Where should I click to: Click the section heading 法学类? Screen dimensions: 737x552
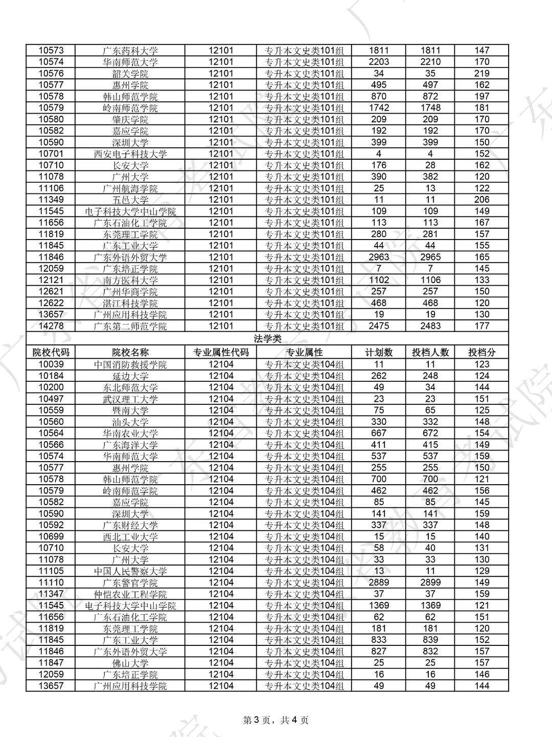coord(267,339)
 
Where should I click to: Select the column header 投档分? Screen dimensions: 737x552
coord(481,352)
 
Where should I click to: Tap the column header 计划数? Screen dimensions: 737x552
coord(379,352)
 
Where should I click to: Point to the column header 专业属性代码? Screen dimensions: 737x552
coord(221,352)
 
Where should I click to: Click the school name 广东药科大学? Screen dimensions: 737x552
coord(130,51)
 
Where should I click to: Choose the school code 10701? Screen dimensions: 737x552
coord(51,154)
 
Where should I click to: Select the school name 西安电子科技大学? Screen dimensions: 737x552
coord(130,154)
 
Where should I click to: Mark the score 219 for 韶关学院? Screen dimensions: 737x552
coord(481,73)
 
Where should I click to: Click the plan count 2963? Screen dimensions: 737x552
coord(379,257)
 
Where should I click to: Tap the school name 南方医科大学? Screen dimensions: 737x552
coord(130,280)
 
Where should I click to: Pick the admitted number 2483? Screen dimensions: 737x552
coord(430,326)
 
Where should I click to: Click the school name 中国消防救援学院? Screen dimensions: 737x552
coord(130,364)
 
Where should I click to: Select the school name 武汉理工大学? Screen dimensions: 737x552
coord(130,399)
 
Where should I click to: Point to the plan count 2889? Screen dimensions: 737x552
coord(379,582)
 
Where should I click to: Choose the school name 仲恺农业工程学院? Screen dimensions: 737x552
coord(130,594)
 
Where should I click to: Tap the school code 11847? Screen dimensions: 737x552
coord(51,662)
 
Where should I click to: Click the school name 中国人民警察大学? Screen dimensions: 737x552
coord(130,571)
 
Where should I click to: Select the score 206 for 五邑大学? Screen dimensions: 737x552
coord(481,200)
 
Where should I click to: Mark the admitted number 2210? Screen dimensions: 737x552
coord(430,62)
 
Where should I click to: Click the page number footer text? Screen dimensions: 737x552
coord(275,720)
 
